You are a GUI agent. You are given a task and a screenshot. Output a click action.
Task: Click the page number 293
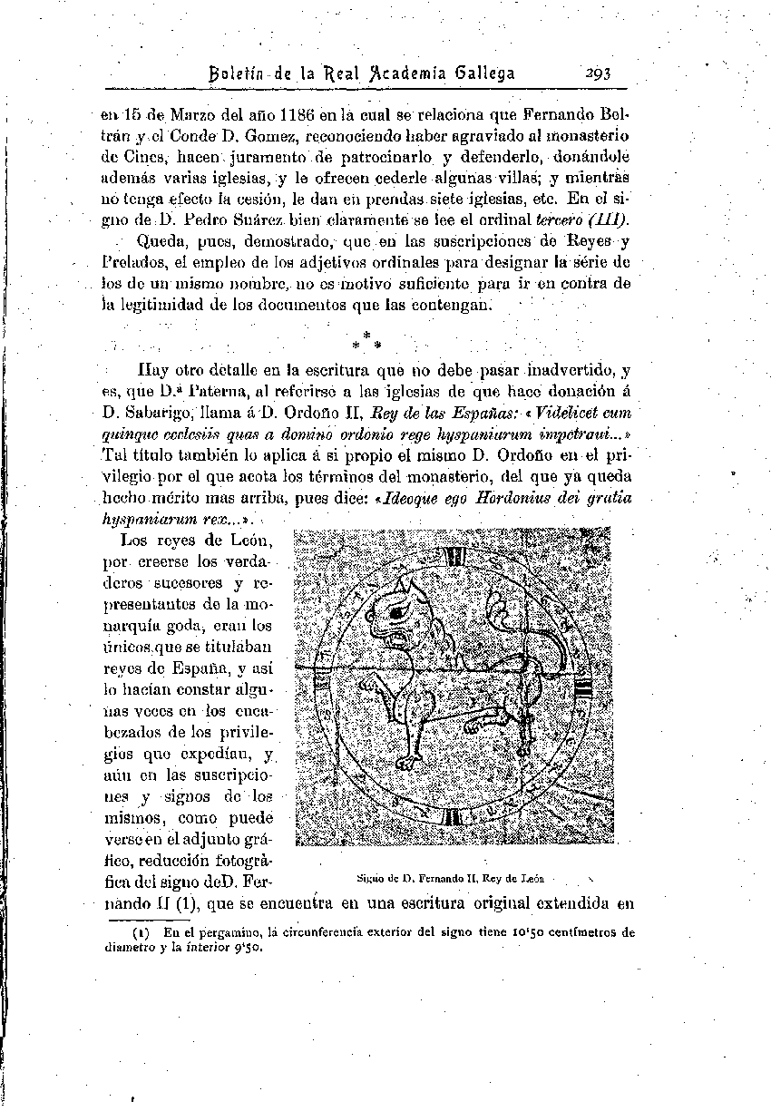[x=600, y=73]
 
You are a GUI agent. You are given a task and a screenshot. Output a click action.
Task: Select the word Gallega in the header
[x=482, y=73]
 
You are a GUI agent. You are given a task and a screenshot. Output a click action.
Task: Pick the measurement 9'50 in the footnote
[x=246, y=948]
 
